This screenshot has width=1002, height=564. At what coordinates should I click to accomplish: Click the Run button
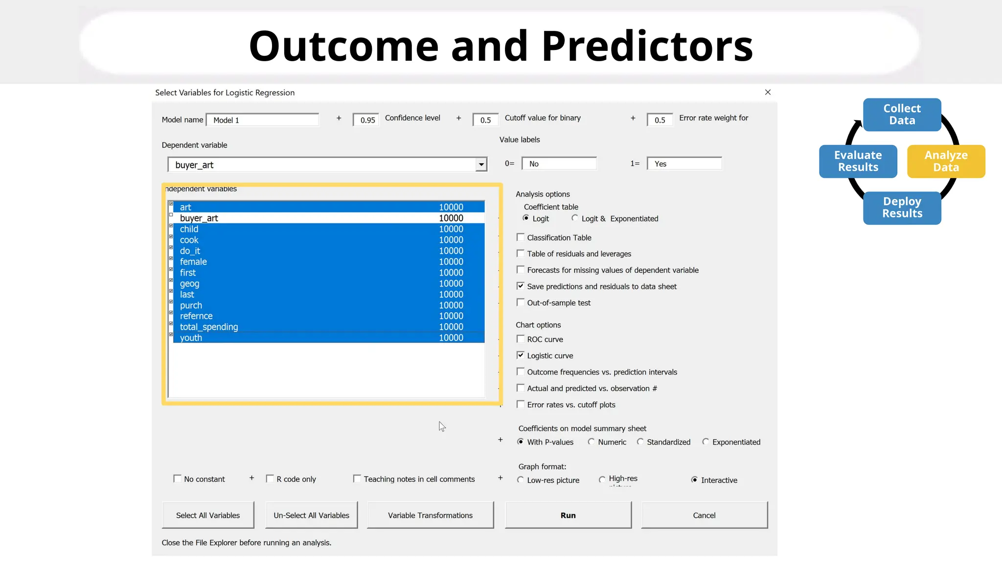tap(568, 515)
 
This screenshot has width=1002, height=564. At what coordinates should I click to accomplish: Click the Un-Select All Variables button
tap(311, 515)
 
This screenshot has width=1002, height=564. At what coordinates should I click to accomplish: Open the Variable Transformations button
tap(430, 515)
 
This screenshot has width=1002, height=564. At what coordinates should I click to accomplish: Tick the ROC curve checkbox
tap(521, 339)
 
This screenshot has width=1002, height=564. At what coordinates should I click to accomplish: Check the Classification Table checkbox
tap(521, 237)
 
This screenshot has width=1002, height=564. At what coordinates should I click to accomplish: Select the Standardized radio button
tap(640, 442)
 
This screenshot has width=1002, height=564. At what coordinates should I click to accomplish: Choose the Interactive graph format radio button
tap(694, 480)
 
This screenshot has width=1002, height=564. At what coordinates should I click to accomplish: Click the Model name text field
tap(263, 120)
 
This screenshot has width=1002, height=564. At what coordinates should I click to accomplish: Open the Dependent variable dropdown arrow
tap(481, 165)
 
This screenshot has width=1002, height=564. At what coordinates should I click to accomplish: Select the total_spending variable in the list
tap(209, 327)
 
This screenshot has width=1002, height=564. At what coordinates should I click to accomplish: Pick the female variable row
tap(193, 261)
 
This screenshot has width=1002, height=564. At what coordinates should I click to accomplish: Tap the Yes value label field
tap(684, 164)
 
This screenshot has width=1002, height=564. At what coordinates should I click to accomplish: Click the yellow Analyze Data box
tap(946, 161)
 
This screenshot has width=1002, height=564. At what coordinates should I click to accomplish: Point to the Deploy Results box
tap(902, 208)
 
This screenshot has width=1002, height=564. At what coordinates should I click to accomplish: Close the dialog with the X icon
tap(768, 92)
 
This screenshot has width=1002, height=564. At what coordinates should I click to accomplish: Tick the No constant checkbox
tap(178, 479)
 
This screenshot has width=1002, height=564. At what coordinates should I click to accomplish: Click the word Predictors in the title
tap(647, 46)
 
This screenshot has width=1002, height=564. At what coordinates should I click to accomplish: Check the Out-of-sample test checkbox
tap(521, 303)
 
